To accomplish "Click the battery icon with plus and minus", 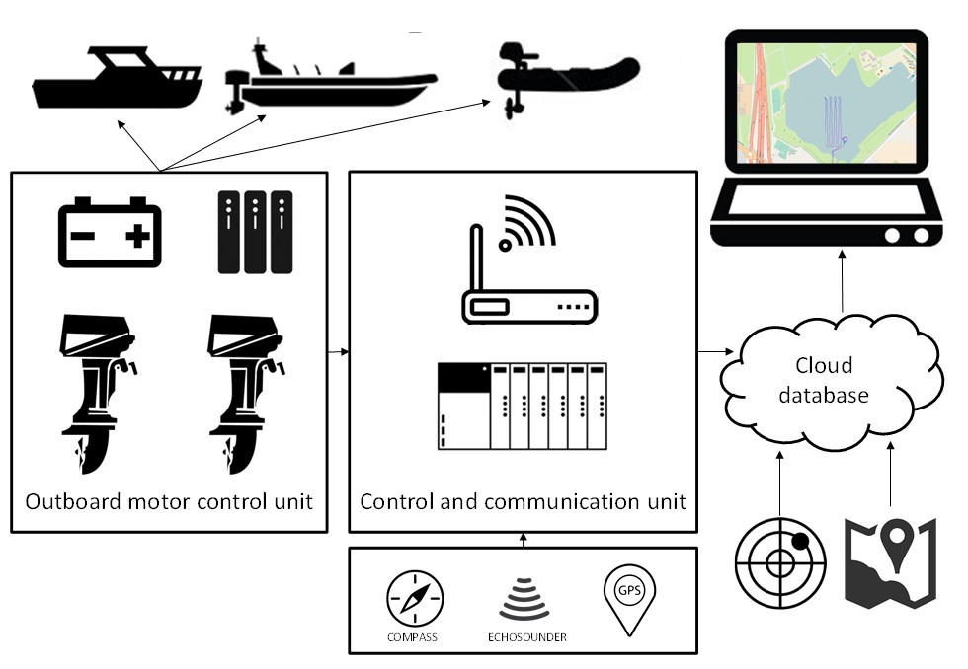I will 110,232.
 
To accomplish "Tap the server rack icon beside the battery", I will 255,232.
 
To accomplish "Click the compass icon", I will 414,599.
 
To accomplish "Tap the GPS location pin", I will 629,599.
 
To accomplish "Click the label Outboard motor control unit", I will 169,501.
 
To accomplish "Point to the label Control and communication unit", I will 523,501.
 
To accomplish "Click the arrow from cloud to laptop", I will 842,281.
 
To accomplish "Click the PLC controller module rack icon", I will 522,406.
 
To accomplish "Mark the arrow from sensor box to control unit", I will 524,540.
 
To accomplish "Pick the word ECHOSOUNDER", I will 526,637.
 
